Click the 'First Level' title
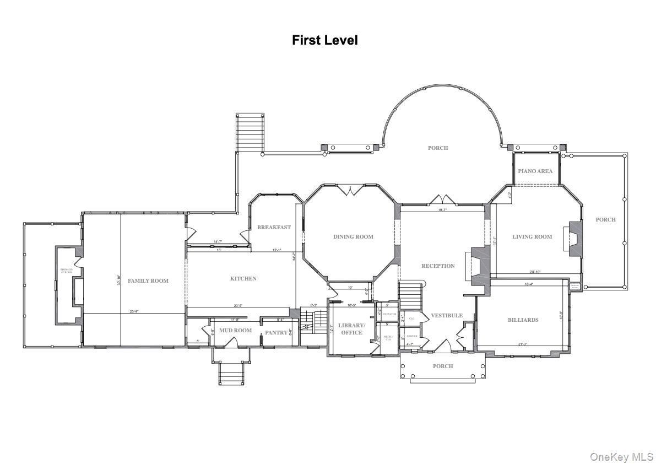pos(324,40)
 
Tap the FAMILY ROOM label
pos(148,280)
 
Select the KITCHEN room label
pos(243,278)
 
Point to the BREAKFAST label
pos(274,227)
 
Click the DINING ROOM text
pos(353,236)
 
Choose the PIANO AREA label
pos(535,171)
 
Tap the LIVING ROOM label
pos(532,236)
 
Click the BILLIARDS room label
pos(523,320)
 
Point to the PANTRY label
pos(276,332)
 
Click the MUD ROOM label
pos(235,330)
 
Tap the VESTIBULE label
pos(446,315)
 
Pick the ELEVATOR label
pos(389,314)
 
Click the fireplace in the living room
pos(573,238)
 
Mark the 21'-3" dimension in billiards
pos(522,344)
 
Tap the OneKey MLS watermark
pos(621,456)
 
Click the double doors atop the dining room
pos(352,190)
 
